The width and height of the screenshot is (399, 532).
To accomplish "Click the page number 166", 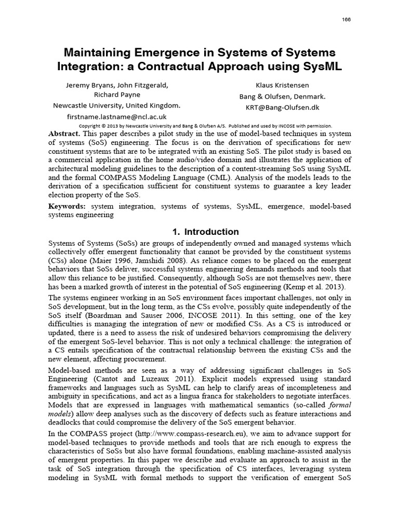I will point(347,19).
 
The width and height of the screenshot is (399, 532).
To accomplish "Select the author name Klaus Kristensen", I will point(282,84).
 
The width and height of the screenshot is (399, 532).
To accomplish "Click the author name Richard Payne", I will point(117,95).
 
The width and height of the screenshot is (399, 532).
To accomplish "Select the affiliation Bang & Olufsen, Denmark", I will point(282,96).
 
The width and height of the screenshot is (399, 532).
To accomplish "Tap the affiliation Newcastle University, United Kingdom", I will point(117,105).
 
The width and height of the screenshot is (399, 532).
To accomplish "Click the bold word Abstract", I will point(62,133).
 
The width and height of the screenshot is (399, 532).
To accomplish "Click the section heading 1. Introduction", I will point(199,232).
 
